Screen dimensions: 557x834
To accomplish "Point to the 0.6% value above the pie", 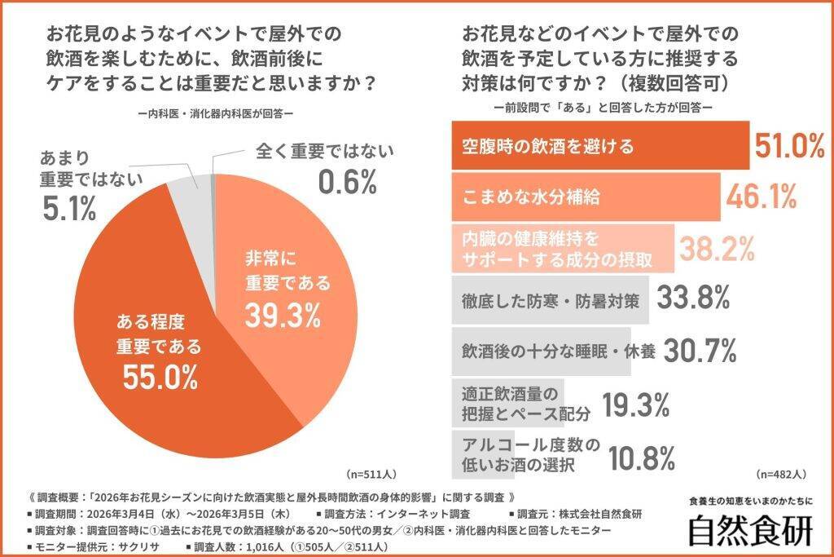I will click(347, 183).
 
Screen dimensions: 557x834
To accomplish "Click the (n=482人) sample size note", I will click(781, 473).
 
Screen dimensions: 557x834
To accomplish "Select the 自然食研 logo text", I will click(749, 531).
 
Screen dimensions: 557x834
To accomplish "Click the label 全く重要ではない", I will click(324, 152).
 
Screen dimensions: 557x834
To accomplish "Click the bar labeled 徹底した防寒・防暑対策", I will click(549, 299).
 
